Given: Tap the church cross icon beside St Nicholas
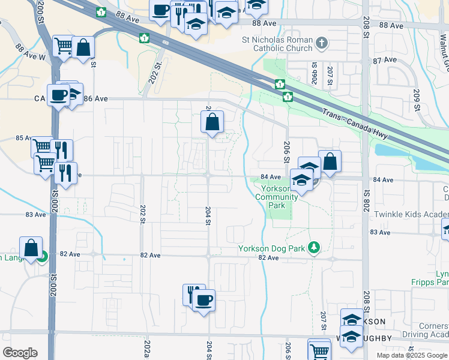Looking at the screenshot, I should click(x=322, y=43).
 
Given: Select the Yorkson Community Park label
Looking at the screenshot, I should click(x=276, y=196).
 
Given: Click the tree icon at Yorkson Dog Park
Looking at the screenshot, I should click(x=313, y=247).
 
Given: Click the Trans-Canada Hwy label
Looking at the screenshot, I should click(x=355, y=122).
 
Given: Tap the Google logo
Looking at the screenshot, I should click(x=20, y=353).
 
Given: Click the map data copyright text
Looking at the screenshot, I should click(x=412, y=355).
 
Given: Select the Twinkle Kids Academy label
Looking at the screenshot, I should click(x=411, y=214).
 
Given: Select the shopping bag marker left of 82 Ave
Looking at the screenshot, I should click(x=31, y=248).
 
